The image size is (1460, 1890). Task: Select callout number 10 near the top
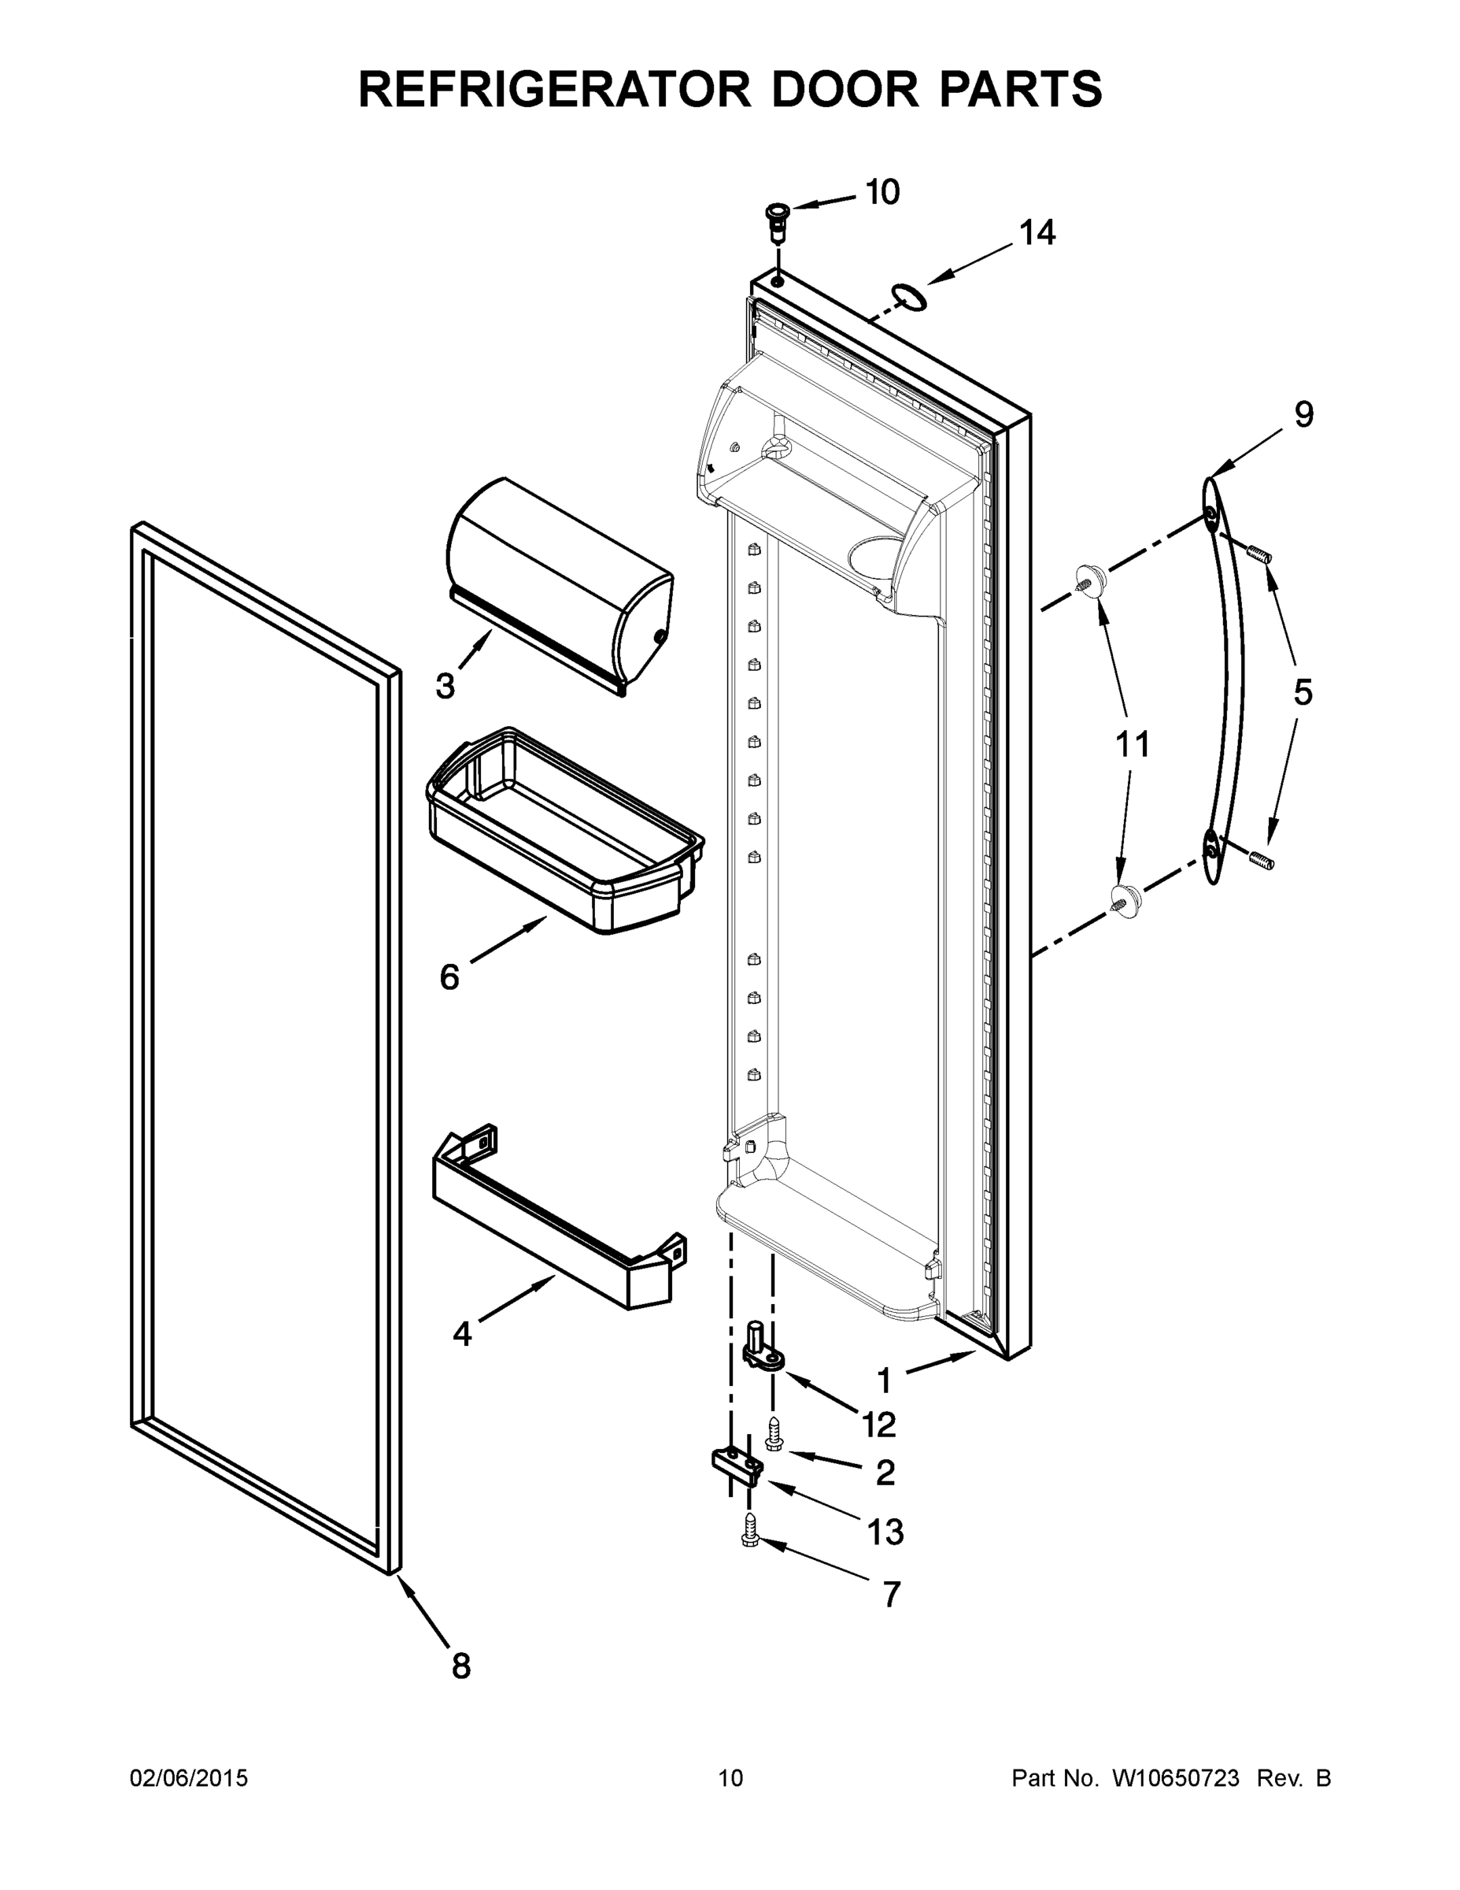882,192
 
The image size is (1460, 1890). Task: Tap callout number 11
1133,744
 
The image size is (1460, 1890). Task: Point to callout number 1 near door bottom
883,1380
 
